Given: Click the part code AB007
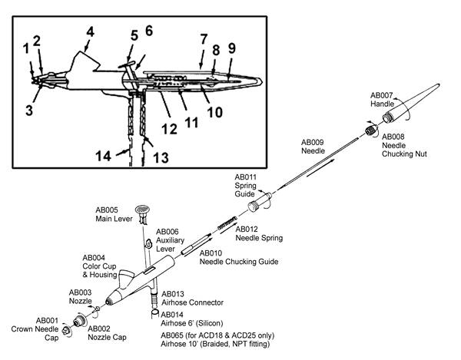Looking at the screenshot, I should point(382,95).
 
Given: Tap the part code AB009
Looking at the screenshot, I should point(313,142).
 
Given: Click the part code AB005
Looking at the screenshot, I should point(107,209).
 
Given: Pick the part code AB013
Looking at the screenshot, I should point(174,293).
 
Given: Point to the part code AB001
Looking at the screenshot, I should point(48,319).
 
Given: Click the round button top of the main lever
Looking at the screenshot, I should point(141,209).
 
